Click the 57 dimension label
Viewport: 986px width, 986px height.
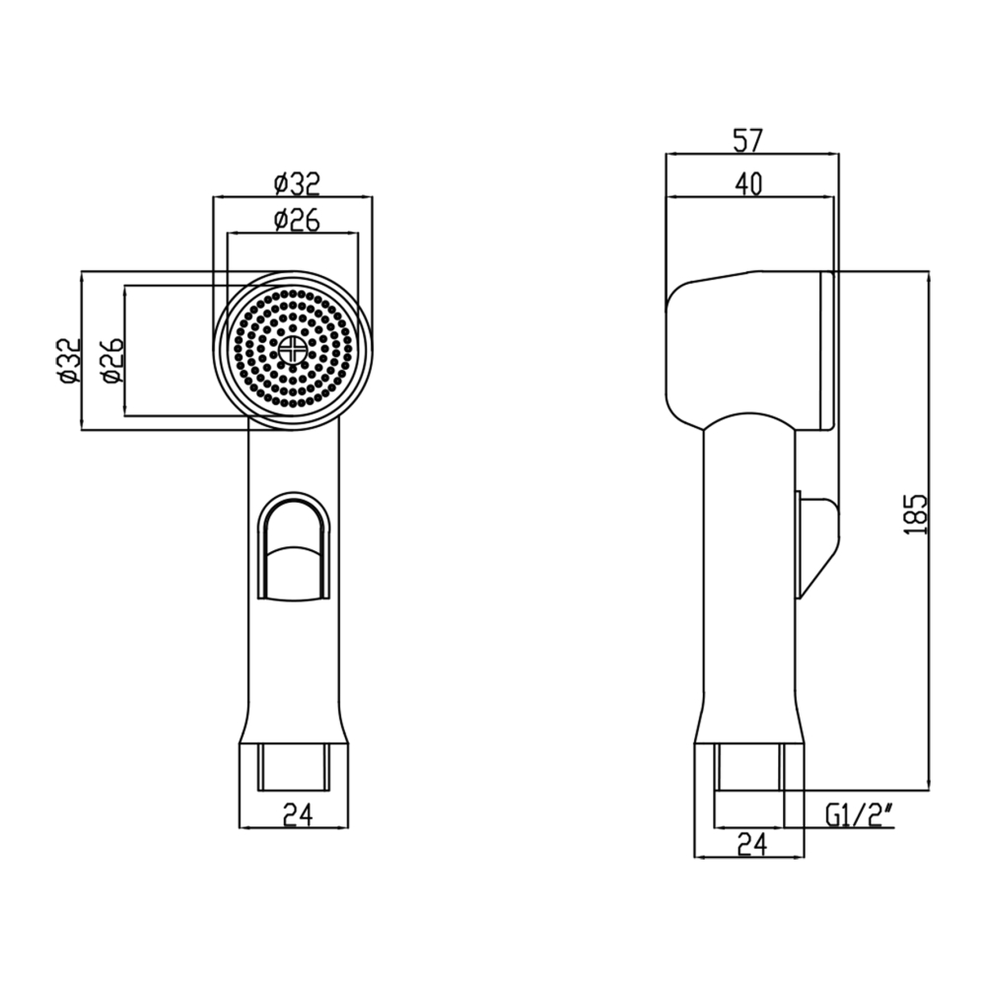tap(747, 140)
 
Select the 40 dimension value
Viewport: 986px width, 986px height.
tap(747, 184)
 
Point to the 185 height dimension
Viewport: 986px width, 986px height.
tap(917, 515)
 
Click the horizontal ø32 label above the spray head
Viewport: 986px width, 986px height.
tap(297, 184)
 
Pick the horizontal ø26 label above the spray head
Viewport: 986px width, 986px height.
tap(297, 220)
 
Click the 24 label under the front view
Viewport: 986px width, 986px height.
tap(298, 815)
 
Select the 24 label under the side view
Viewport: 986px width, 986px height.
tap(752, 845)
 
